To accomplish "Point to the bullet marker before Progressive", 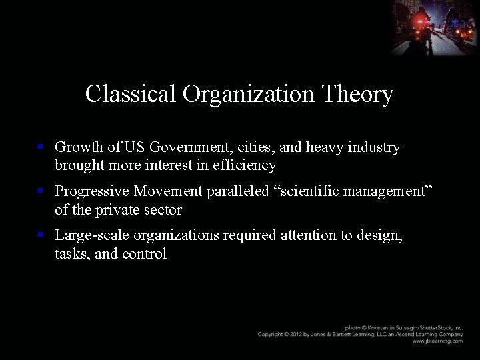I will [x=41, y=191].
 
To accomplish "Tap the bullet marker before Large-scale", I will [x=41, y=235].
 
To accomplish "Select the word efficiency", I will [x=243, y=165].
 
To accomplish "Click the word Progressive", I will [x=92, y=191].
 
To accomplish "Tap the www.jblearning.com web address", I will [x=437, y=341].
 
